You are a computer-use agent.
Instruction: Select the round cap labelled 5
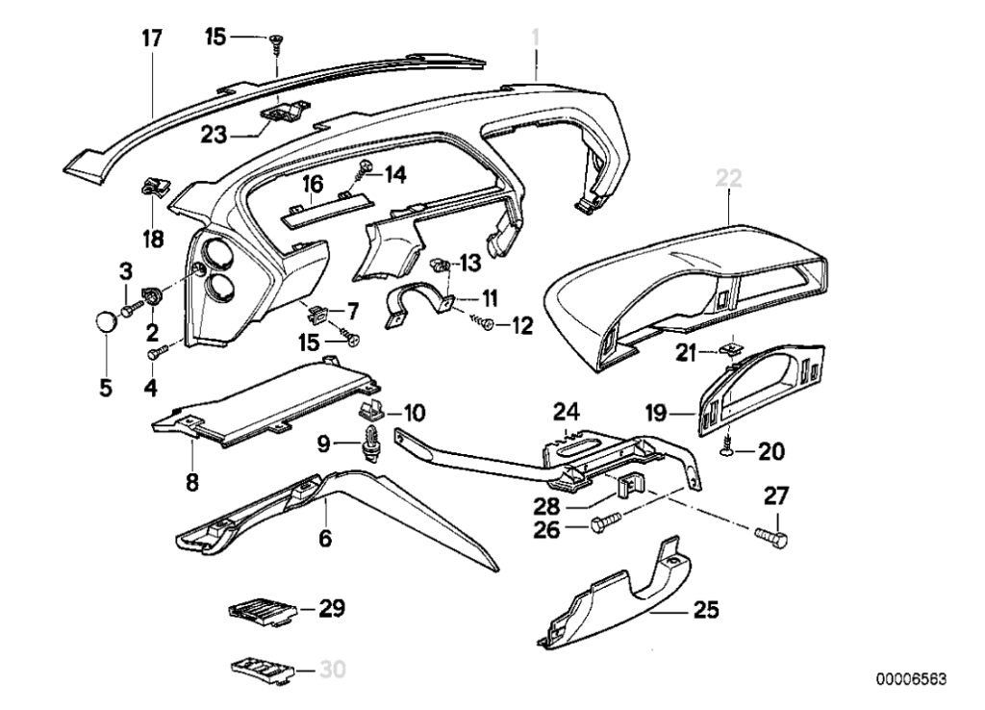tap(105, 318)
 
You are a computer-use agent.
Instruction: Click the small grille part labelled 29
tap(262, 610)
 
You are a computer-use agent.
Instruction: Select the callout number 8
tap(191, 481)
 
